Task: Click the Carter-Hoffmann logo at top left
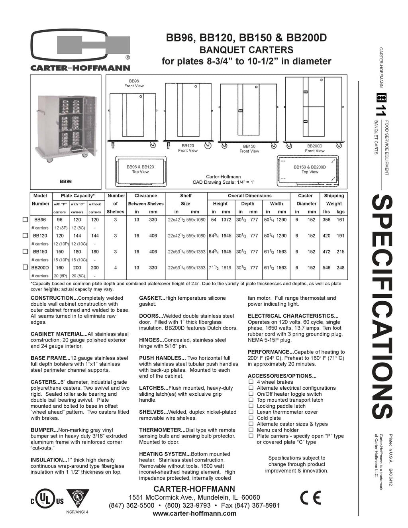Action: pos(80,51)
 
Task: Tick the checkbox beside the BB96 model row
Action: pos(25,220)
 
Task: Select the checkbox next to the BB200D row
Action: pos(25,267)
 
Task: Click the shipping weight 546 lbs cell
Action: pos(326,268)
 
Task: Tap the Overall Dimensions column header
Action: pos(249,196)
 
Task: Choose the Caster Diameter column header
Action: pos(305,200)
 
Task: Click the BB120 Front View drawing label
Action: pos(188,148)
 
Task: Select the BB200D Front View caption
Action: pos(314,148)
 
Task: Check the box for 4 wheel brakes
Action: pos(251,382)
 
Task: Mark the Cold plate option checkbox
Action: pos(251,418)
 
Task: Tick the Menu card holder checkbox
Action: pos(251,430)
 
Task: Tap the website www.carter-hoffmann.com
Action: pos(194,513)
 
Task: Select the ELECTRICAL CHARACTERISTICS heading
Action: pos(293,316)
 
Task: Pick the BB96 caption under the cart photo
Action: pos(66,181)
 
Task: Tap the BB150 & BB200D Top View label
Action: pos(310,169)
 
